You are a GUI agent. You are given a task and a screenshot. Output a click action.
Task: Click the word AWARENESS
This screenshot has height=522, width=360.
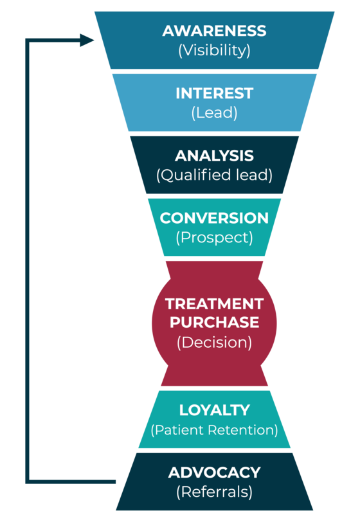pos(214,31)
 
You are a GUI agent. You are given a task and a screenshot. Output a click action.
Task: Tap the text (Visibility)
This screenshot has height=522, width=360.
pos(214,50)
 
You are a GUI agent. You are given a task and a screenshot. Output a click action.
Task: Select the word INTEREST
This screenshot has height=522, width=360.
pos(215,93)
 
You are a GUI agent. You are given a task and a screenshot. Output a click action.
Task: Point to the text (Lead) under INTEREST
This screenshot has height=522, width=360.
pos(215,113)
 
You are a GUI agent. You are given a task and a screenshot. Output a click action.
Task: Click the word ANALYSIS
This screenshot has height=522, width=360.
pos(214,156)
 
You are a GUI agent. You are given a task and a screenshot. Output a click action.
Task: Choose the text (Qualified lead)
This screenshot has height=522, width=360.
pos(214,175)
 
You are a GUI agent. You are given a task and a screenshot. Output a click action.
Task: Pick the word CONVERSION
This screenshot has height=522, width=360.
pos(214,219)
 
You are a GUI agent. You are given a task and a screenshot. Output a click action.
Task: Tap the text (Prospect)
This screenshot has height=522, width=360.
pos(214,238)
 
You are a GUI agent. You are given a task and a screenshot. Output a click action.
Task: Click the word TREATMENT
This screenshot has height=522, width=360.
pos(214,304)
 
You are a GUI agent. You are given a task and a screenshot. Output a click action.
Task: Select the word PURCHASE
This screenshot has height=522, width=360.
pos(214,322)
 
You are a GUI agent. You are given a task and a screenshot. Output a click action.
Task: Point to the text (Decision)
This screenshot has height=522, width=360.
pos(214,342)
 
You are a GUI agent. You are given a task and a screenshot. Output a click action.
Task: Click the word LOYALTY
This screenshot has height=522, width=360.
pos(214,410)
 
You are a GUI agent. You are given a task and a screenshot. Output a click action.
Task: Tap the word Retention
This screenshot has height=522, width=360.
pos(243,430)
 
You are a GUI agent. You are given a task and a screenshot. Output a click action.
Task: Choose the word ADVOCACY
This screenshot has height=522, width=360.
pos(214,473)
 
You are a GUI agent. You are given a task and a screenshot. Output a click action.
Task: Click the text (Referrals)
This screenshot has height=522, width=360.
pos(214,492)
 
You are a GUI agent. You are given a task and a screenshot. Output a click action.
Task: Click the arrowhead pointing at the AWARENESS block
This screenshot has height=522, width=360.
pos(87,40)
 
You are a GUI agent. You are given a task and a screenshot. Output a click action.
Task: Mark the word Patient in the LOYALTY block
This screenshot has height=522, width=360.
pos(178,430)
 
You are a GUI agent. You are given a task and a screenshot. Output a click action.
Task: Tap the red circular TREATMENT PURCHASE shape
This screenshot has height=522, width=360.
pos(214,323)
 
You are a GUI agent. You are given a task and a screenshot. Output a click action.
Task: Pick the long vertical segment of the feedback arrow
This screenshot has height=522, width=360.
pos(27,261)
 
